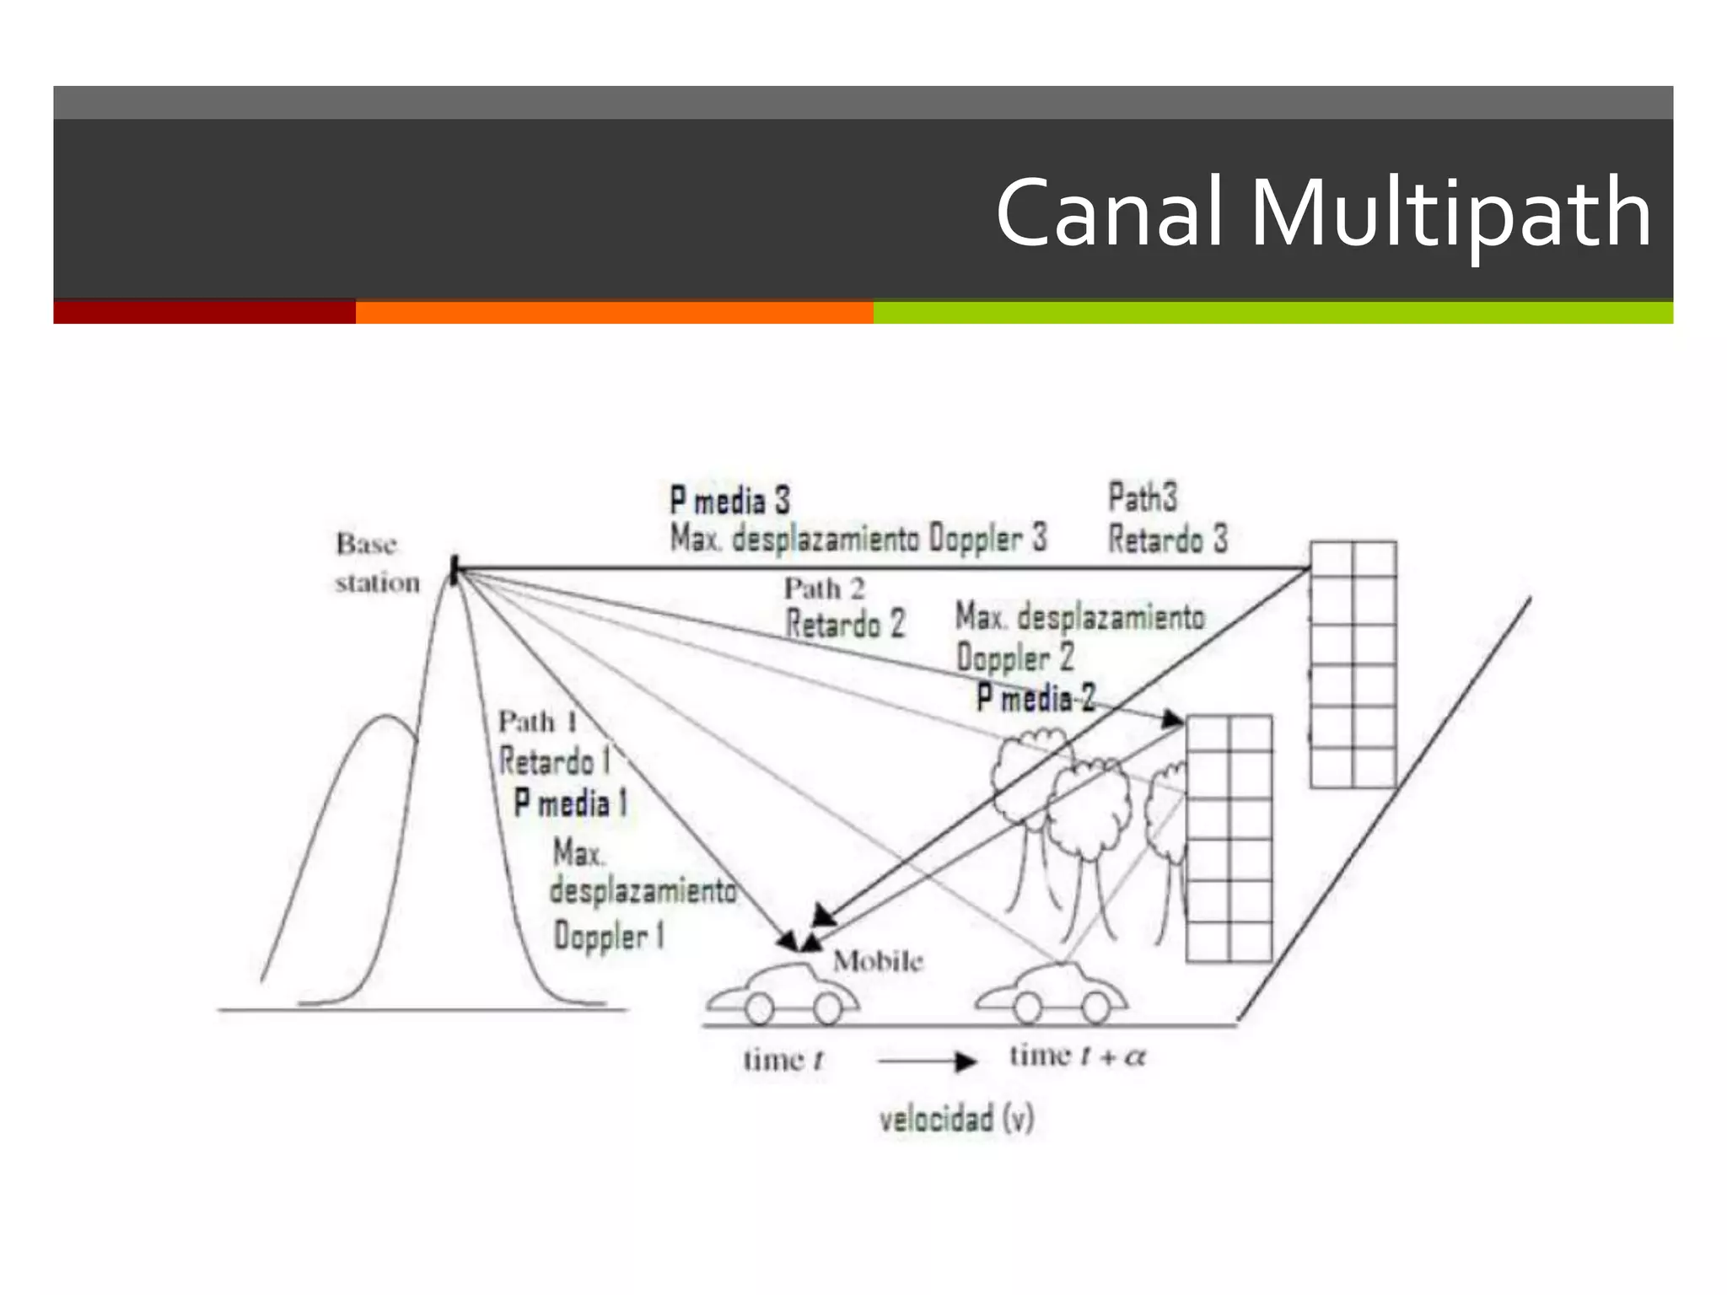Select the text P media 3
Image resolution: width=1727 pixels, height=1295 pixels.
(730, 500)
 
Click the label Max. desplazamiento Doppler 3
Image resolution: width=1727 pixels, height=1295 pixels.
(858, 538)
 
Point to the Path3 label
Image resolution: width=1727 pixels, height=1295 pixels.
(1142, 497)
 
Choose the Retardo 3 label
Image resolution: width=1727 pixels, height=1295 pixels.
(1168, 540)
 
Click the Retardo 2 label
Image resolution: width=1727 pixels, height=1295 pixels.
(845, 625)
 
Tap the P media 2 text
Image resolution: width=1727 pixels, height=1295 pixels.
(1036, 698)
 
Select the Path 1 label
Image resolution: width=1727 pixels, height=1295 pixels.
(538, 722)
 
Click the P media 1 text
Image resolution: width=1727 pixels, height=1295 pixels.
(571, 803)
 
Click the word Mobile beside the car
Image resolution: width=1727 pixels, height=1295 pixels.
(878, 961)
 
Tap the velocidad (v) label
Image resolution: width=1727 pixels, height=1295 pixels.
(956, 1120)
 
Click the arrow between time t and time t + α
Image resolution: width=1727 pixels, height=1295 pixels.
(927, 1061)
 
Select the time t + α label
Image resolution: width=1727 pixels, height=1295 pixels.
(1077, 1056)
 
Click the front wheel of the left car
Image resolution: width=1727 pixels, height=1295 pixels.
(827, 1008)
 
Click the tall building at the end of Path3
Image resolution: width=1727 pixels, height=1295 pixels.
(1353, 664)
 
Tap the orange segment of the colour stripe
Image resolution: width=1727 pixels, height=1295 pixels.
(614, 312)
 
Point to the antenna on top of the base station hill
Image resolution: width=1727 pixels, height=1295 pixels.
(455, 570)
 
